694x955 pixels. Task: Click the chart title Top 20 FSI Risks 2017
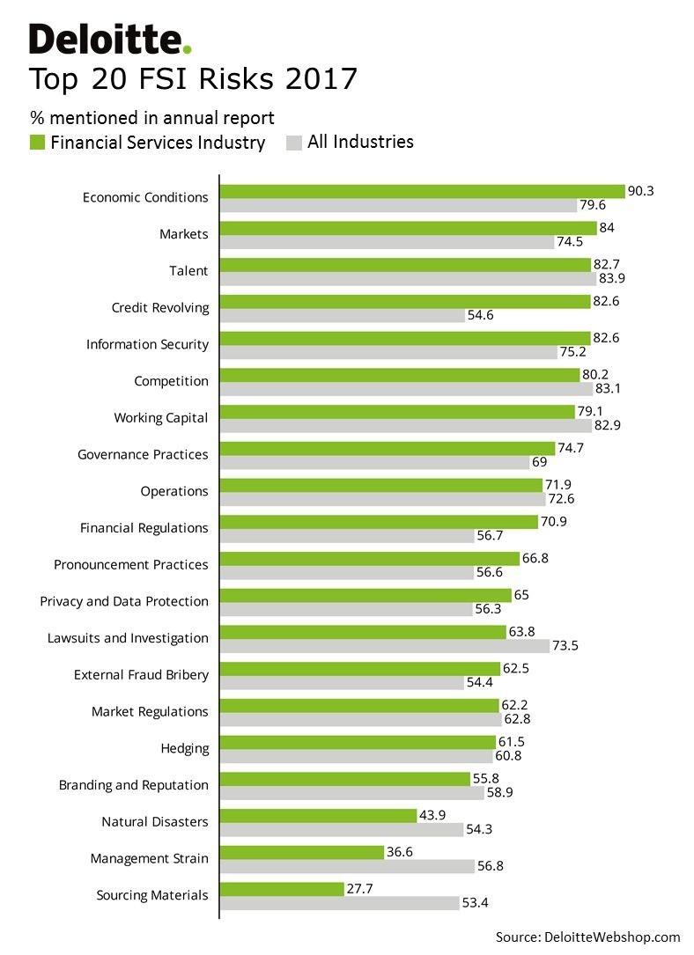point(193,79)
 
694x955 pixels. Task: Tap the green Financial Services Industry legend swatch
point(37,143)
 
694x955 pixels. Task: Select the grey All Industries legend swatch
point(294,143)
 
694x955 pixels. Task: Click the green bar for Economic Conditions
point(422,191)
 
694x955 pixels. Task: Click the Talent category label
point(188,271)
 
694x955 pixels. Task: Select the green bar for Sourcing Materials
point(282,889)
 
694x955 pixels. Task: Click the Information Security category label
point(147,344)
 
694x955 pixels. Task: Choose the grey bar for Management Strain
point(347,866)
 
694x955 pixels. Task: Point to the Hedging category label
point(184,748)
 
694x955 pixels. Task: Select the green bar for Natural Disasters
point(318,815)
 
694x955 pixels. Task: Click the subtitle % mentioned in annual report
point(152,118)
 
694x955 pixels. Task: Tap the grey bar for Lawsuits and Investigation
point(385,646)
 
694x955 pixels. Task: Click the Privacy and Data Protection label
point(124,601)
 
